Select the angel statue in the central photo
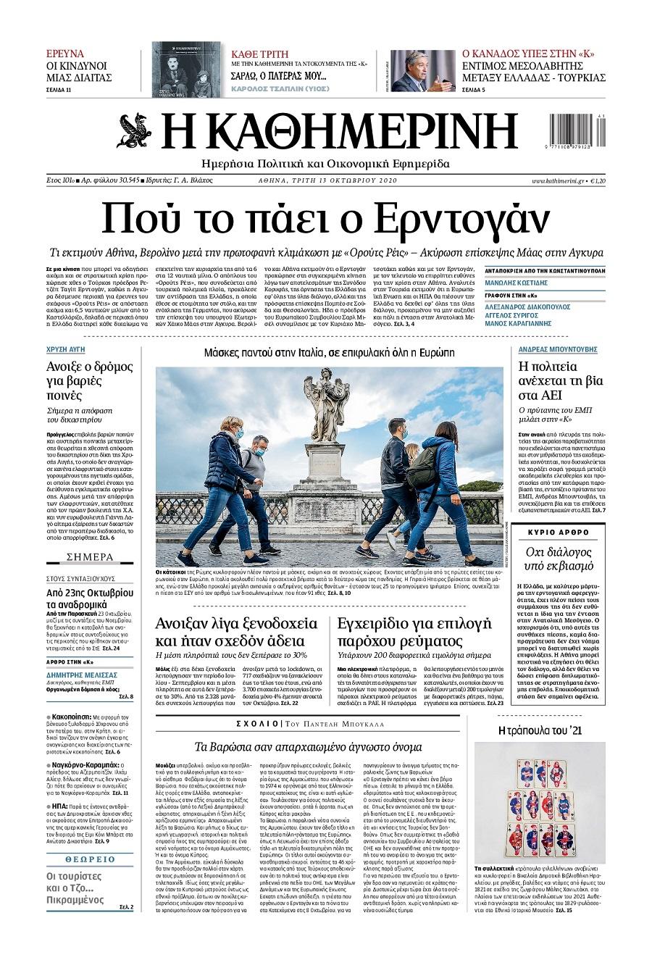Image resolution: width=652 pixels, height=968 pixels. pyautogui.click(x=327, y=406)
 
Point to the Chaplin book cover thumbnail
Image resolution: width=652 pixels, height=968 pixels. pyautogui.click(x=187, y=70)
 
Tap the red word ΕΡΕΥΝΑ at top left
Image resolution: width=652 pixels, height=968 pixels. pyautogui.click(x=64, y=54)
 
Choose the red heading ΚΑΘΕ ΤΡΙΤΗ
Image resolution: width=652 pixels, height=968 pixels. pyautogui.click(x=259, y=54)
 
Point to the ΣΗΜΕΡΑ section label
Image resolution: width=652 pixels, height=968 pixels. pyautogui.click(x=90, y=557)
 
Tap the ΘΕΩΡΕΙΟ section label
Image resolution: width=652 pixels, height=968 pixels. pyautogui.click(x=90, y=859)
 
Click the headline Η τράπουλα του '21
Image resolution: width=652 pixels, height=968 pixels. pyautogui.click(x=540, y=731)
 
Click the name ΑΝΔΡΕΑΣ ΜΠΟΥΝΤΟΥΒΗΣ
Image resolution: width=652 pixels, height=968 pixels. pyautogui.click(x=558, y=349)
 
